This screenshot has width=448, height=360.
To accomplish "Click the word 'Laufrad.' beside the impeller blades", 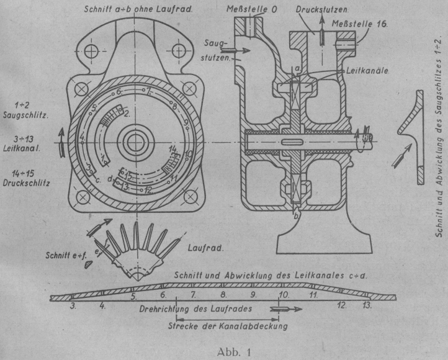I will [204, 247].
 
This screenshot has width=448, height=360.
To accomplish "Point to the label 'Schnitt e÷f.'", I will [64, 255].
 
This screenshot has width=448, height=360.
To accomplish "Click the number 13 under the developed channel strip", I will [367, 306].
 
